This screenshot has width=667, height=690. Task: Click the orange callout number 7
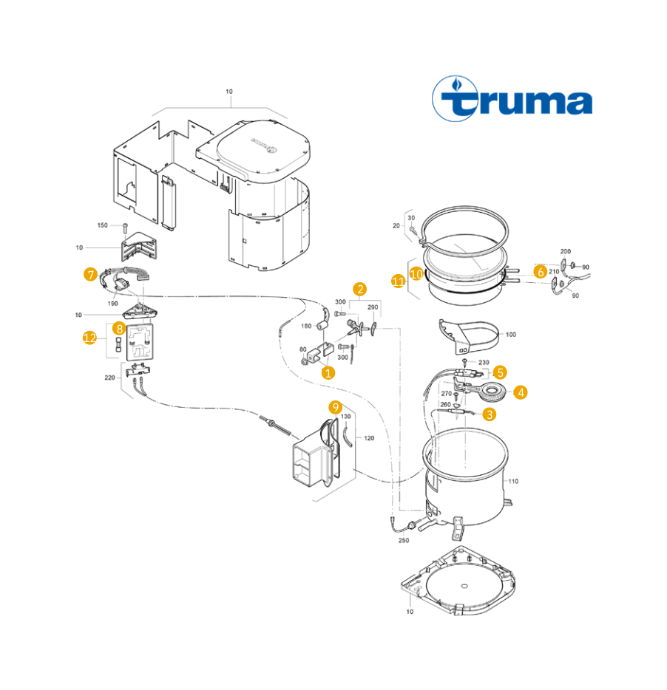pyautogui.click(x=90, y=275)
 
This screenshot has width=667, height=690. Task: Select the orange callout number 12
pyautogui.click(x=90, y=338)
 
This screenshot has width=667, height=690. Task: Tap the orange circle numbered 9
pyautogui.click(x=335, y=407)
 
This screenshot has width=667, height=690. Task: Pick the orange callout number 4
pyautogui.click(x=521, y=392)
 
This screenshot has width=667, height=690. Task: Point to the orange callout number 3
pyautogui.click(x=489, y=414)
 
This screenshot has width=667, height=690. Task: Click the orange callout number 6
pyautogui.click(x=540, y=272)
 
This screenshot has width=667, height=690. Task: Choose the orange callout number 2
pyautogui.click(x=360, y=289)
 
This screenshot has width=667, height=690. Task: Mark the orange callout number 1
pyautogui.click(x=328, y=373)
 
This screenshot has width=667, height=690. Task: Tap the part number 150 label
pyautogui.click(x=102, y=225)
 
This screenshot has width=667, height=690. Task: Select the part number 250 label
pyautogui.click(x=404, y=540)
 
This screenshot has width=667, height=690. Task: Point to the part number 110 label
pyautogui.click(x=513, y=481)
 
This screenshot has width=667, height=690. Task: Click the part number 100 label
pyautogui.click(x=511, y=335)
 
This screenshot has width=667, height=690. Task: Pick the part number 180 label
pyautogui.click(x=306, y=326)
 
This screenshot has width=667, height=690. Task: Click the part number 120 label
pyautogui.click(x=369, y=438)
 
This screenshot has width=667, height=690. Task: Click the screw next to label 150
pyautogui.click(x=125, y=228)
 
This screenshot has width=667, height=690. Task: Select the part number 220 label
pyautogui.click(x=109, y=378)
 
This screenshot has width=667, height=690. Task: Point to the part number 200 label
pyautogui.click(x=566, y=251)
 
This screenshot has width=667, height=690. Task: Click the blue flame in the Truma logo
pyautogui.click(x=457, y=83)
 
